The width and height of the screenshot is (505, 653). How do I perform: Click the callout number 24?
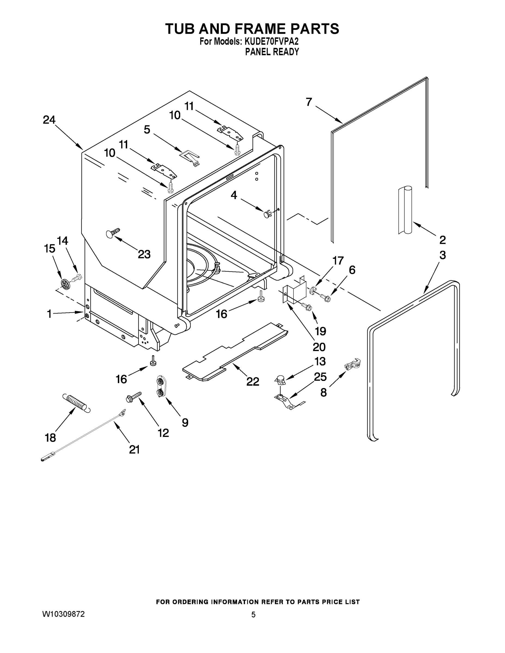[49, 120]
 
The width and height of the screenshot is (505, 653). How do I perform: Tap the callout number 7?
[309, 102]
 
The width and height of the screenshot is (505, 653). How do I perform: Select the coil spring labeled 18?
[76, 403]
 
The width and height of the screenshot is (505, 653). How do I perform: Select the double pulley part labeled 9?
[161, 387]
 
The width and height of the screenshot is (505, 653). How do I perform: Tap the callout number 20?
[319, 347]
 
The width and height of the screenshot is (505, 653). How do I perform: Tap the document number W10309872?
[63, 614]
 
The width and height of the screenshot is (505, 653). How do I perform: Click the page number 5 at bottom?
[253, 615]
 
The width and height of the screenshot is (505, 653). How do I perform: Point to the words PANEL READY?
[272, 52]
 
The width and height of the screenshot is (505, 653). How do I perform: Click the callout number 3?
[442, 255]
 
